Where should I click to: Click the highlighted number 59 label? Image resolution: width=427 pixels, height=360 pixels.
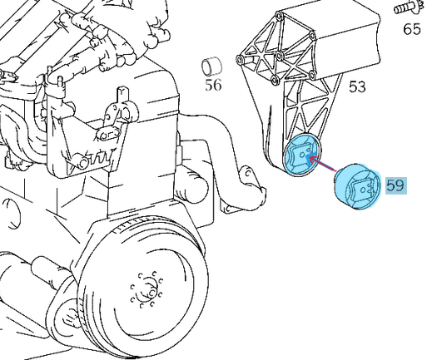394,184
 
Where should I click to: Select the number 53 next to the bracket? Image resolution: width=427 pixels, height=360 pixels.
357,86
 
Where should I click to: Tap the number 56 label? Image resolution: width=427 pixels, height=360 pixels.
215,85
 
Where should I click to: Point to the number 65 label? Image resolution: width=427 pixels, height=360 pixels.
412,30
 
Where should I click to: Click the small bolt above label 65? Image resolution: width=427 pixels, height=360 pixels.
407,10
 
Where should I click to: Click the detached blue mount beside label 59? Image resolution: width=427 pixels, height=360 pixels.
355,190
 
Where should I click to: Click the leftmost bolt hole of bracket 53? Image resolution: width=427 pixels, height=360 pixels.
241,60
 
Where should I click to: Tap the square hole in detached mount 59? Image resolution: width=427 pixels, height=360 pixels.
359,190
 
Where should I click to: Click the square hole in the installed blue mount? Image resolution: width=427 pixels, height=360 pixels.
301,155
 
